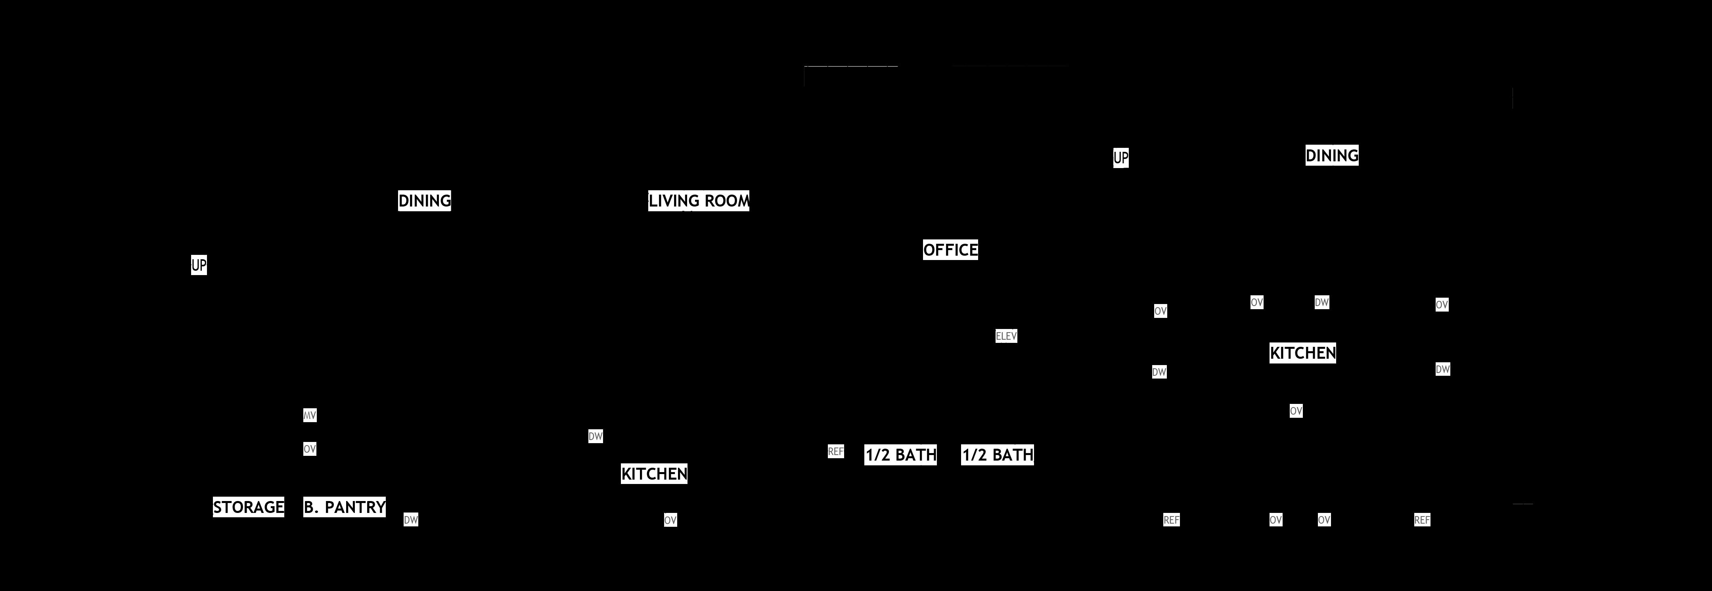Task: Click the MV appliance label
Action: pos(310,415)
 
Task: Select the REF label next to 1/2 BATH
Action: pos(835,452)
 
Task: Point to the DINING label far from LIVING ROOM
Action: pos(1332,155)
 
